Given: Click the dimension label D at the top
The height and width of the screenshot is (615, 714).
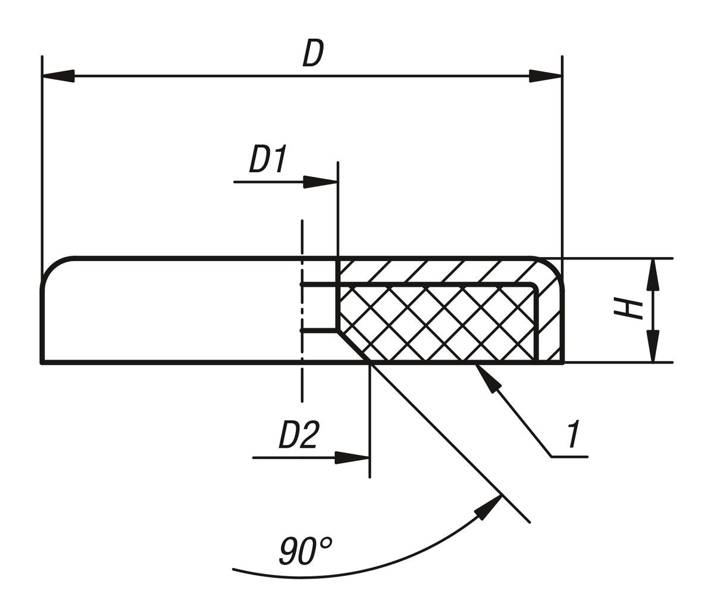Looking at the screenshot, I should click(x=313, y=53).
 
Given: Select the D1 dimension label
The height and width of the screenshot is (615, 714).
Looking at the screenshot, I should click(x=268, y=158).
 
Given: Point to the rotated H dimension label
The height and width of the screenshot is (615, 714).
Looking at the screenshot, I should click(x=628, y=308).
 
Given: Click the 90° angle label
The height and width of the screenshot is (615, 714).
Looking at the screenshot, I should click(x=304, y=550).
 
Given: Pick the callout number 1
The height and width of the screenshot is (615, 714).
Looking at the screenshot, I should click(x=574, y=434).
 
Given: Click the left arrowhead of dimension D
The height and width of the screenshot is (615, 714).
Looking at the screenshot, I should click(x=58, y=76).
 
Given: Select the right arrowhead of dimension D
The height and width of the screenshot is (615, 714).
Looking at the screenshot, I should click(x=545, y=76).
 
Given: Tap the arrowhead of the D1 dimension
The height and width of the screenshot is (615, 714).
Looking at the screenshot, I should click(x=321, y=182).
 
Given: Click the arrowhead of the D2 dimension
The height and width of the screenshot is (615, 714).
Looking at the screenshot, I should click(x=352, y=457).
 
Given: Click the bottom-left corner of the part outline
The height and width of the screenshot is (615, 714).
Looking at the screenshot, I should click(x=42, y=361).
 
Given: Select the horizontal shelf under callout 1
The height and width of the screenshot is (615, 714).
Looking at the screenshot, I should click(x=569, y=457).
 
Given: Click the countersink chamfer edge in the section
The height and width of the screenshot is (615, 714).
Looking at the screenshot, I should click(x=354, y=346).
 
